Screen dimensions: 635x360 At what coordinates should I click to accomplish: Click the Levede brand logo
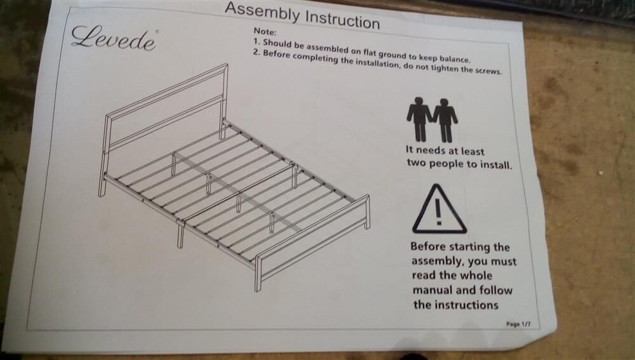click(x=114, y=38)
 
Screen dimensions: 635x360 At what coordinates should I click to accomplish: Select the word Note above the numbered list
click(x=265, y=31)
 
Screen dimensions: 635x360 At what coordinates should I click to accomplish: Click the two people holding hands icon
click(x=432, y=119)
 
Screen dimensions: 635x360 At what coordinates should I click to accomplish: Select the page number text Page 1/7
click(x=518, y=324)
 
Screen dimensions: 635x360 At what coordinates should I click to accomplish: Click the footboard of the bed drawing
click(x=312, y=243)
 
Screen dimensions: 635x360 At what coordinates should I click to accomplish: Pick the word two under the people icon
click(x=417, y=163)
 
